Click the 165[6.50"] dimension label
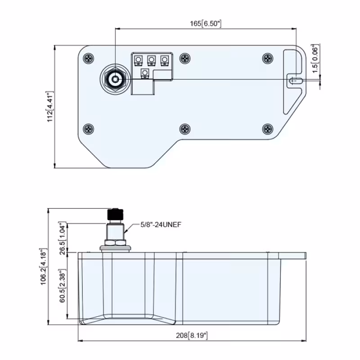[206, 24]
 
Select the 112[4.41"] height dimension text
[50, 107]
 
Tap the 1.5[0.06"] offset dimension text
[316, 58]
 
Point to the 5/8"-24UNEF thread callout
[161, 225]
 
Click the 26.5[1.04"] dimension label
[63, 238]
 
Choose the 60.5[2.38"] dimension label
[63, 286]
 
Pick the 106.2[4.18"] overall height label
[43, 266]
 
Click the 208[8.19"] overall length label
[192, 335]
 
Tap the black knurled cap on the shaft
[115, 214]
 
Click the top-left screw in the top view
[88, 58]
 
